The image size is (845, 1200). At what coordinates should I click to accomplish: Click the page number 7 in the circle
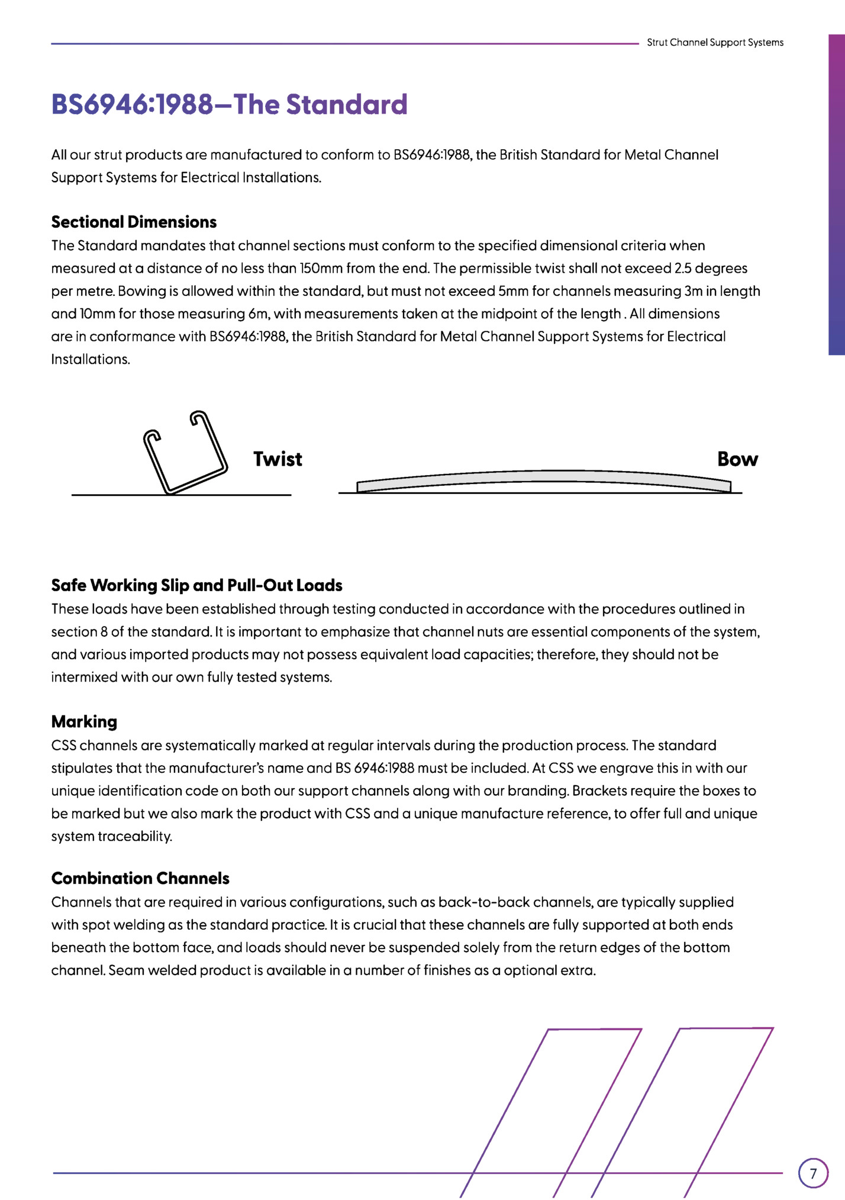pos(813,1173)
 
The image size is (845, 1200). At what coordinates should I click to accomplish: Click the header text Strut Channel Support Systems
pos(715,43)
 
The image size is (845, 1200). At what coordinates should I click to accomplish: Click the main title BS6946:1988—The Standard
pos(229,104)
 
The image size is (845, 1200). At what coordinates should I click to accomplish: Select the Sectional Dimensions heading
pos(134,222)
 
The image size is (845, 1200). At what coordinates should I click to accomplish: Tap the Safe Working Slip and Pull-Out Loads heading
pos(196,585)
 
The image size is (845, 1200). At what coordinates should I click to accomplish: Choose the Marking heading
pos(84,721)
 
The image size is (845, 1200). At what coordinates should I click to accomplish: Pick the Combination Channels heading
pos(140,878)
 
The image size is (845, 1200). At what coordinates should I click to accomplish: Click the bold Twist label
pos(278,459)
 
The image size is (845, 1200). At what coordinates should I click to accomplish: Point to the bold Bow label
pos(737,459)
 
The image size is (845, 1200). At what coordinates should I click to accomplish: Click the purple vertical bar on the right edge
pos(836,195)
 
